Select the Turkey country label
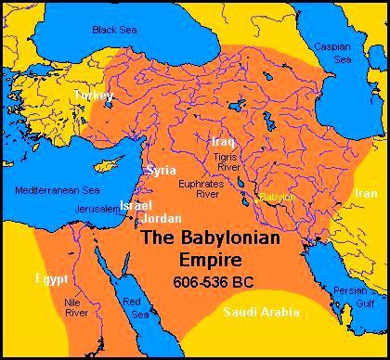tap(94, 96)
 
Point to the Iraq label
tap(223, 141)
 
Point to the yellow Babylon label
tap(276, 197)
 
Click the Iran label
tap(365, 193)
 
